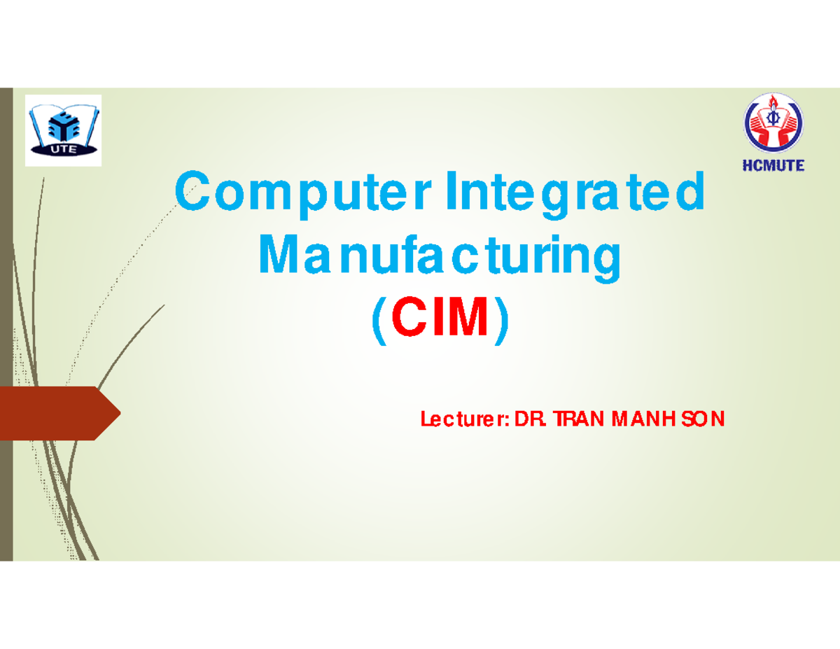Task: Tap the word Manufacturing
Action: (440, 257)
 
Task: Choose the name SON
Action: (704, 419)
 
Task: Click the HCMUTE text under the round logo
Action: (773, 166)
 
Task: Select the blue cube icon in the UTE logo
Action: (63, 123)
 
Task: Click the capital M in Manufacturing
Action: (274, 257)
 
